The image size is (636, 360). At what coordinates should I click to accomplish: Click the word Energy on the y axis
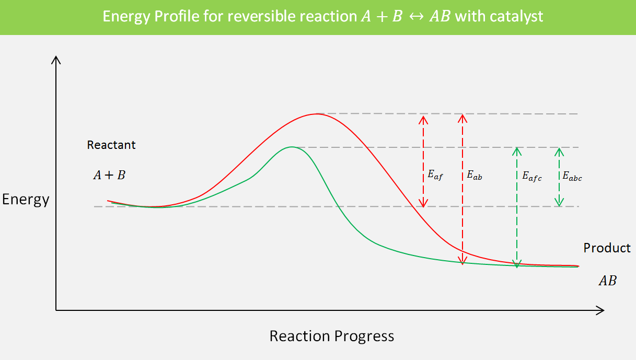coord(26,200)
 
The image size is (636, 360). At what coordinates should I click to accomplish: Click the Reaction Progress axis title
coord(331,335)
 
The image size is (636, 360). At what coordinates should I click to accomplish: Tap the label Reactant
coord(111,145)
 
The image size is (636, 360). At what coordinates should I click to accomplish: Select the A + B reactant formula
coord(109,175)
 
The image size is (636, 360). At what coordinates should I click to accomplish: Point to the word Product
coord(607,248)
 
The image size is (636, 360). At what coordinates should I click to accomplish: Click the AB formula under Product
coord(607,281)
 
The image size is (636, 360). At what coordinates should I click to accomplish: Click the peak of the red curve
coord(316,113)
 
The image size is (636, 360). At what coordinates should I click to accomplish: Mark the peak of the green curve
coord(292,147)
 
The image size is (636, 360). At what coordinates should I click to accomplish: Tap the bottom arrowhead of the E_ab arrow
coord(462,260)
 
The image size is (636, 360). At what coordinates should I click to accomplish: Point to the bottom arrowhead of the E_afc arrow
coord(517,264)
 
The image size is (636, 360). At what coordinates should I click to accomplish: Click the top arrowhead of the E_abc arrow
coord(559,152)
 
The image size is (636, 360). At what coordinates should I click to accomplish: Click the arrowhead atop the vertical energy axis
coord(56,60)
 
